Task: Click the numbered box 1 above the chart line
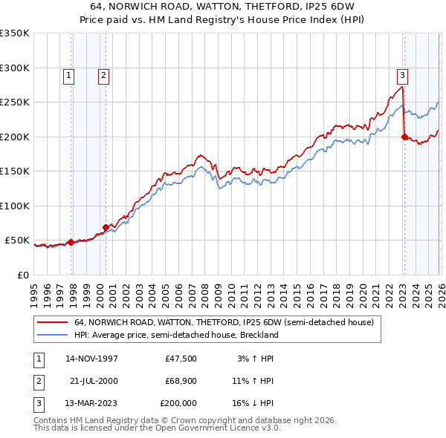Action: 68,74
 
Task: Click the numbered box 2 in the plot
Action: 103,74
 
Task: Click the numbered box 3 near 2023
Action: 402,74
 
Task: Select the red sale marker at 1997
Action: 71,242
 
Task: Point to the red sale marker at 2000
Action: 106,227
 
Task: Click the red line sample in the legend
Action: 53,322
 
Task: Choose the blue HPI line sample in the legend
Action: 53,335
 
